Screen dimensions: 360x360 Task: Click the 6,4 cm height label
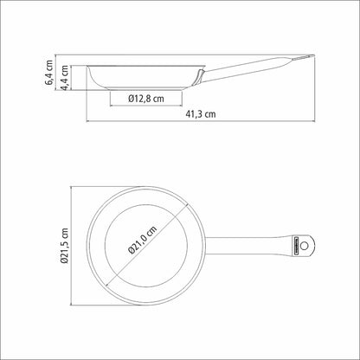point(49,73)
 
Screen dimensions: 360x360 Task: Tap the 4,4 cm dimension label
point(65,78)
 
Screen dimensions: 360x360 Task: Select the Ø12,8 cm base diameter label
point(146,99)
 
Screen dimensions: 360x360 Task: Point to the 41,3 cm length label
point(201,114)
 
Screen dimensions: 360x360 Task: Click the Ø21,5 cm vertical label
point(65,246)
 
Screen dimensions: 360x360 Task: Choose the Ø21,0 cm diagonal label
point(143,240)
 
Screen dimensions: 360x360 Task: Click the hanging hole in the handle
point(304,246)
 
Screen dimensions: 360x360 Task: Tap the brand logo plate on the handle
point(296,246)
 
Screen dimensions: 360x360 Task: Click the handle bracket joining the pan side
point(199,77)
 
